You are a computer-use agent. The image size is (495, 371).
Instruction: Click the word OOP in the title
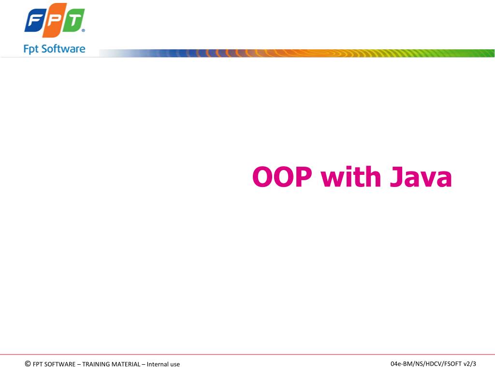click(x=282, y=177)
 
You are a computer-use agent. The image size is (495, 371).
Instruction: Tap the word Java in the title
click(x=421, y=177)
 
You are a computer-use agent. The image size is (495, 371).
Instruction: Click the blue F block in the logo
click(x=35, y=21)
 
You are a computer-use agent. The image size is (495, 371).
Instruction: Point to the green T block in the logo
click(x=73, y=20)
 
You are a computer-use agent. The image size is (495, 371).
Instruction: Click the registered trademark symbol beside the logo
click(x=83, y=30)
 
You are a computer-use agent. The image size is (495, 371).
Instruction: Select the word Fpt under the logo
click(x=31, y=49)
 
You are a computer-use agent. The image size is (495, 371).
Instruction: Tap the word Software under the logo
click(x=63, y=49)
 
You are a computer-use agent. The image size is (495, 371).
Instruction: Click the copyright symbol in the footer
click(x=28, y=364)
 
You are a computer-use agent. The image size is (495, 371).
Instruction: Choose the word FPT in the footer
click(x=38, y=364)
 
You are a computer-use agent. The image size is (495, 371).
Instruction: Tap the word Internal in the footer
click(x=158, y=364)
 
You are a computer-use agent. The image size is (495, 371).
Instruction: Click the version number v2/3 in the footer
click(x=470, y=364)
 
